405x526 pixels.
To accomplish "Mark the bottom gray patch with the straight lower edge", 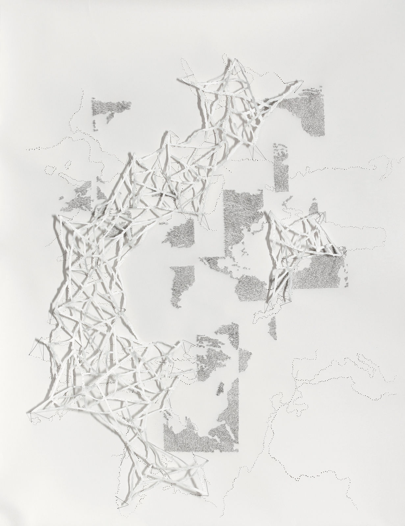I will click(201, 437).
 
